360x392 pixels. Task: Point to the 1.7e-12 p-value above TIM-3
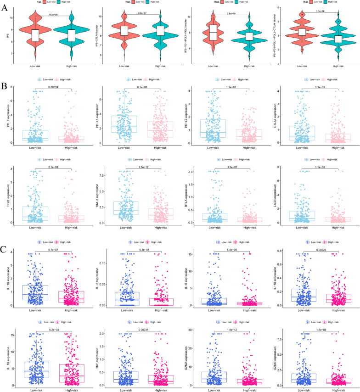tap(137, 168)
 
